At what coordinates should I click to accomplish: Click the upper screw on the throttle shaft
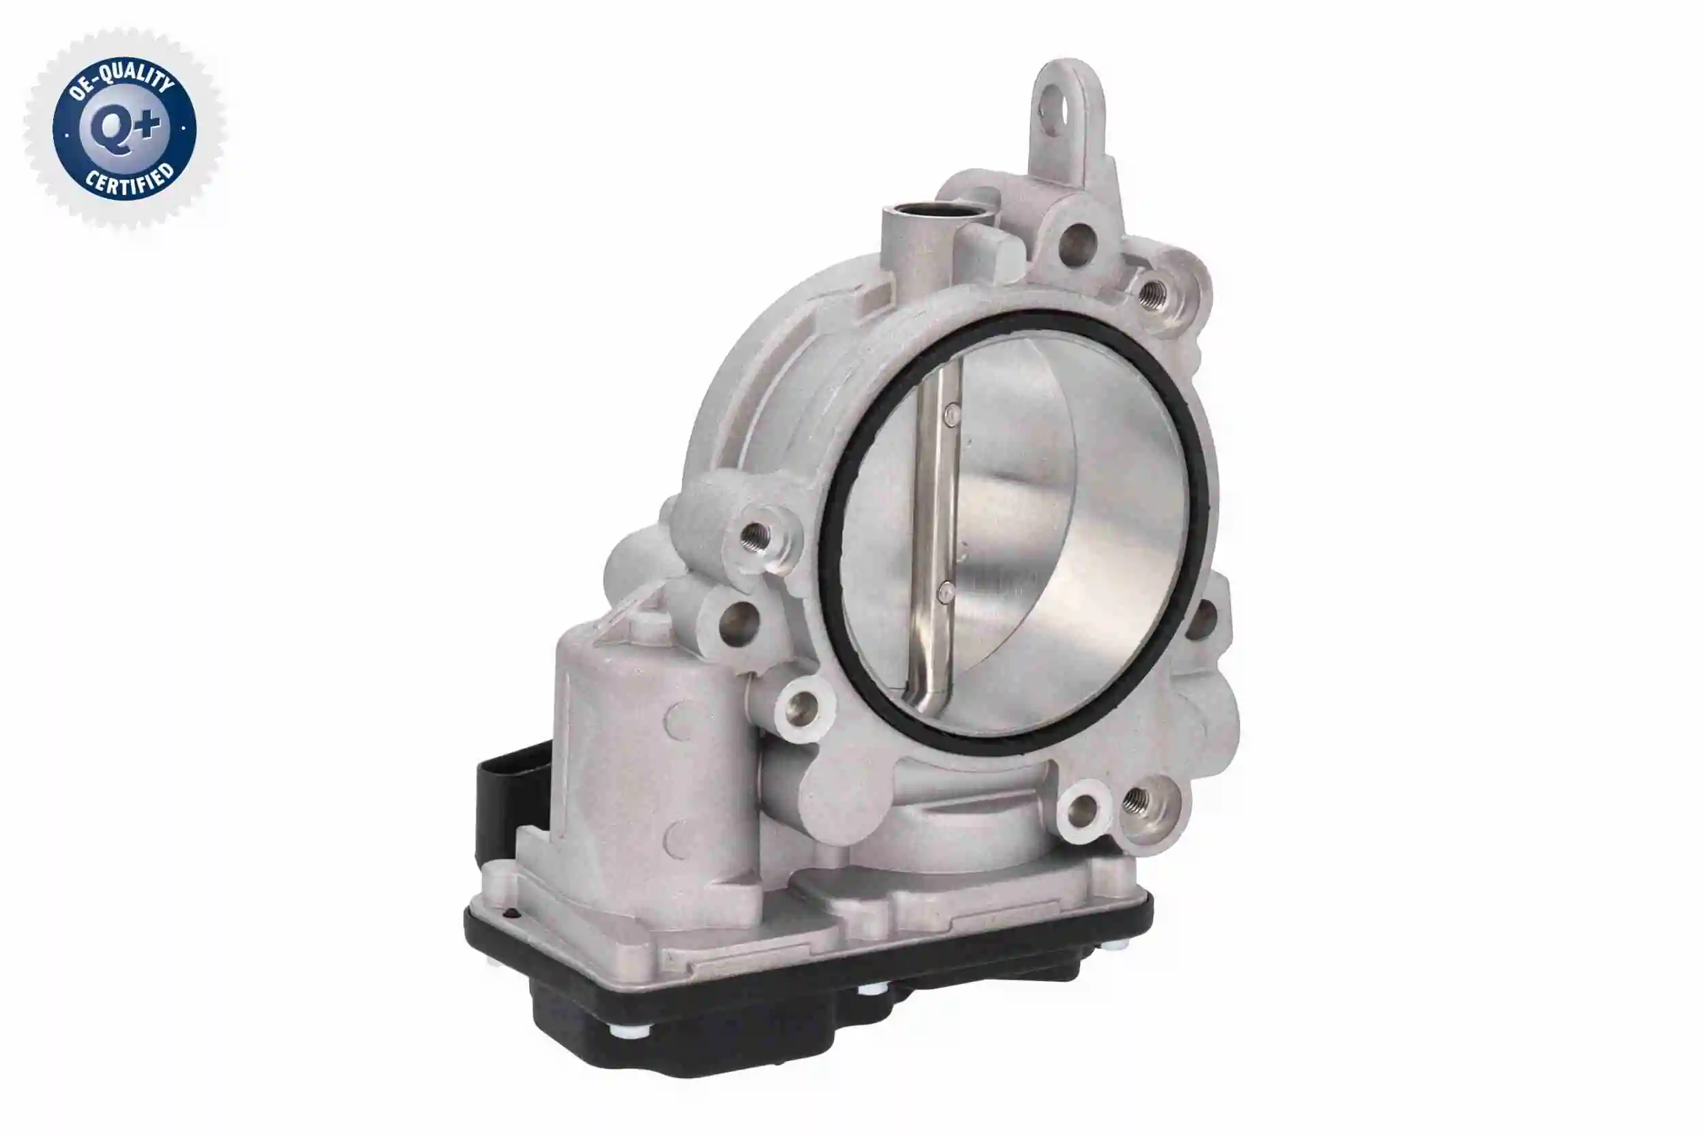(x=952, y=414)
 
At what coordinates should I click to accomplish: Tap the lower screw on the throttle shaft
(x=946, y=592)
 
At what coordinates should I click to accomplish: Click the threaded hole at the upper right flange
(x=1151, y=293)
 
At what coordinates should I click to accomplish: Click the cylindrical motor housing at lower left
(x=638, y=761)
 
